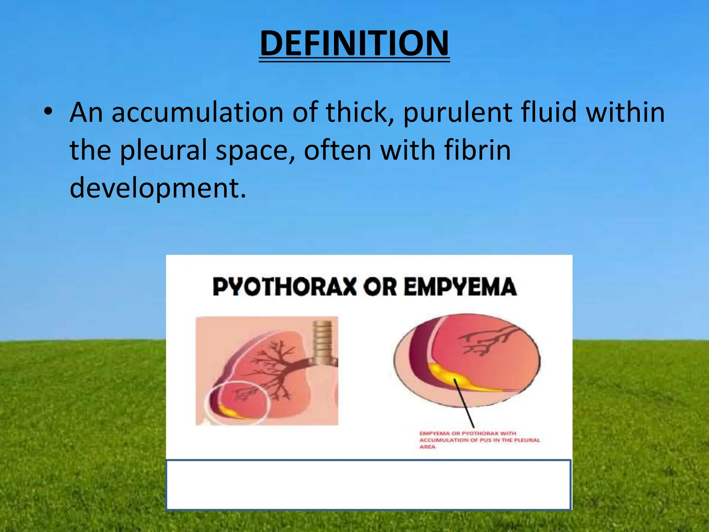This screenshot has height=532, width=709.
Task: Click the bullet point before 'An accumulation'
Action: pos(48,112)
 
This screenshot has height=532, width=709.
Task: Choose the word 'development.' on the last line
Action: pos(158,188)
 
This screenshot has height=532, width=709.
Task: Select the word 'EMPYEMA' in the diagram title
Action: pos(460,287)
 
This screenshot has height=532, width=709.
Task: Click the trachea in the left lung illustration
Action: pos(323,341)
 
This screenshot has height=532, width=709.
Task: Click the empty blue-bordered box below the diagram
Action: pos(368,485)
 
